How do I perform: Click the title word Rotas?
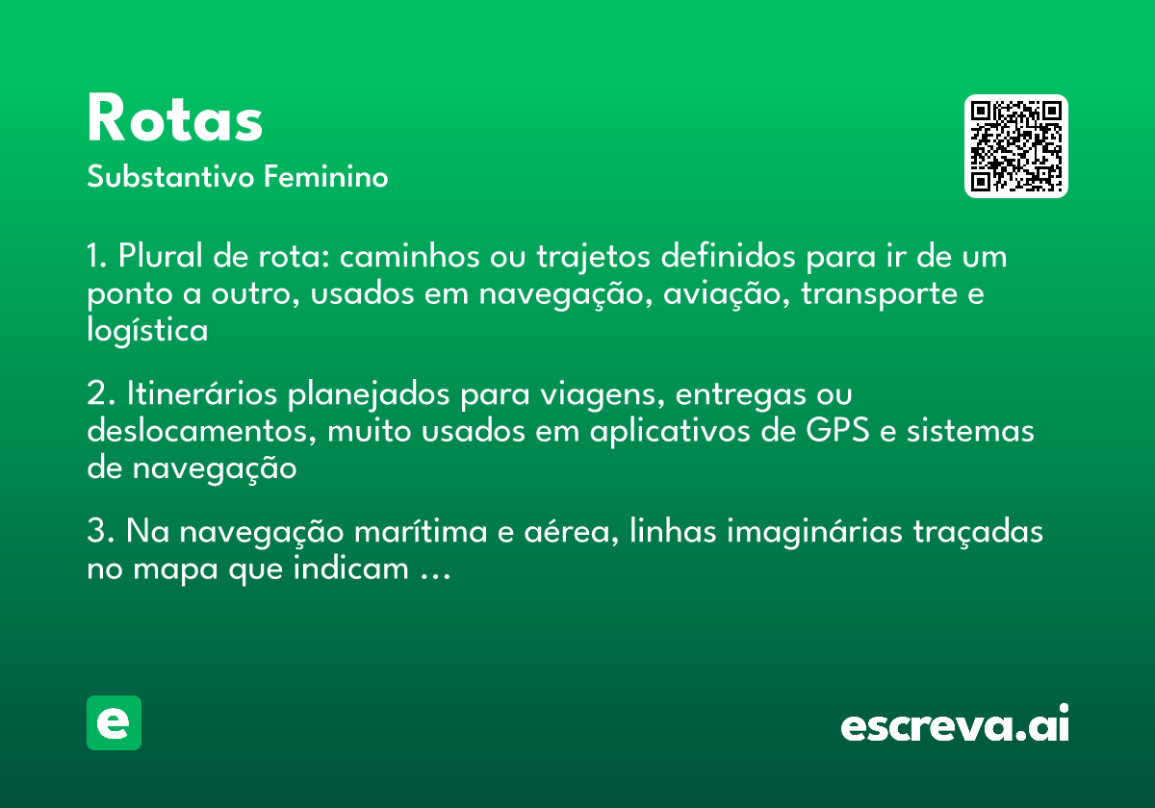coord(174,119)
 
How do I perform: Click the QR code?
coord(1015,146)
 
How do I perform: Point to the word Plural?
coord(158,258)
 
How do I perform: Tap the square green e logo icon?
coord(114,722)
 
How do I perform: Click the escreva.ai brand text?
coord(954,724)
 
